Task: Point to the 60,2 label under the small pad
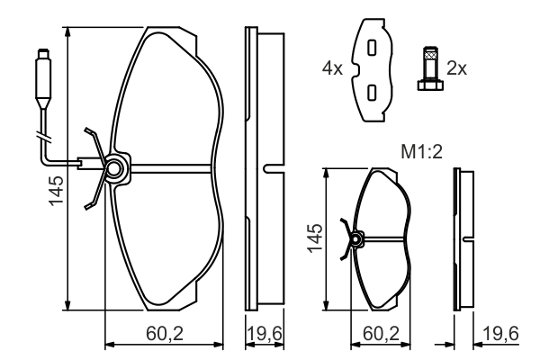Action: (381, 334)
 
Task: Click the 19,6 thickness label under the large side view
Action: (265, 334)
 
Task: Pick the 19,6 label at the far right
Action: (499, 334)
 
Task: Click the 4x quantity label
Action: (334, 67)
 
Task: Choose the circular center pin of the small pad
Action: (356, 239)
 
